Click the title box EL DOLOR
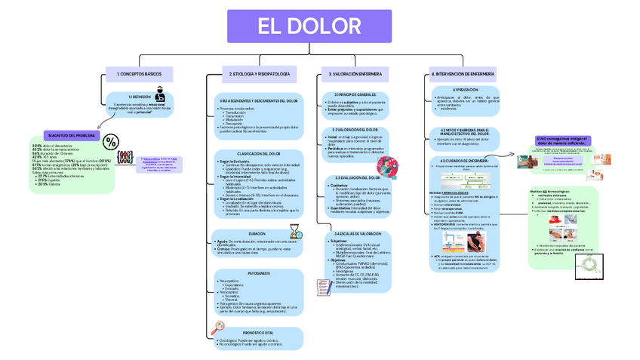(309, 27)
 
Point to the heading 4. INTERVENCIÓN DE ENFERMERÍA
(463, 74)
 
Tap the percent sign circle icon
(110, 141)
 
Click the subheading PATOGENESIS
(258, 272)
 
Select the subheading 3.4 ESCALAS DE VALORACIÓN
(354, 235)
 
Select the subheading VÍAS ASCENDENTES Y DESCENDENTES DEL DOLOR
(258, 100)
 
